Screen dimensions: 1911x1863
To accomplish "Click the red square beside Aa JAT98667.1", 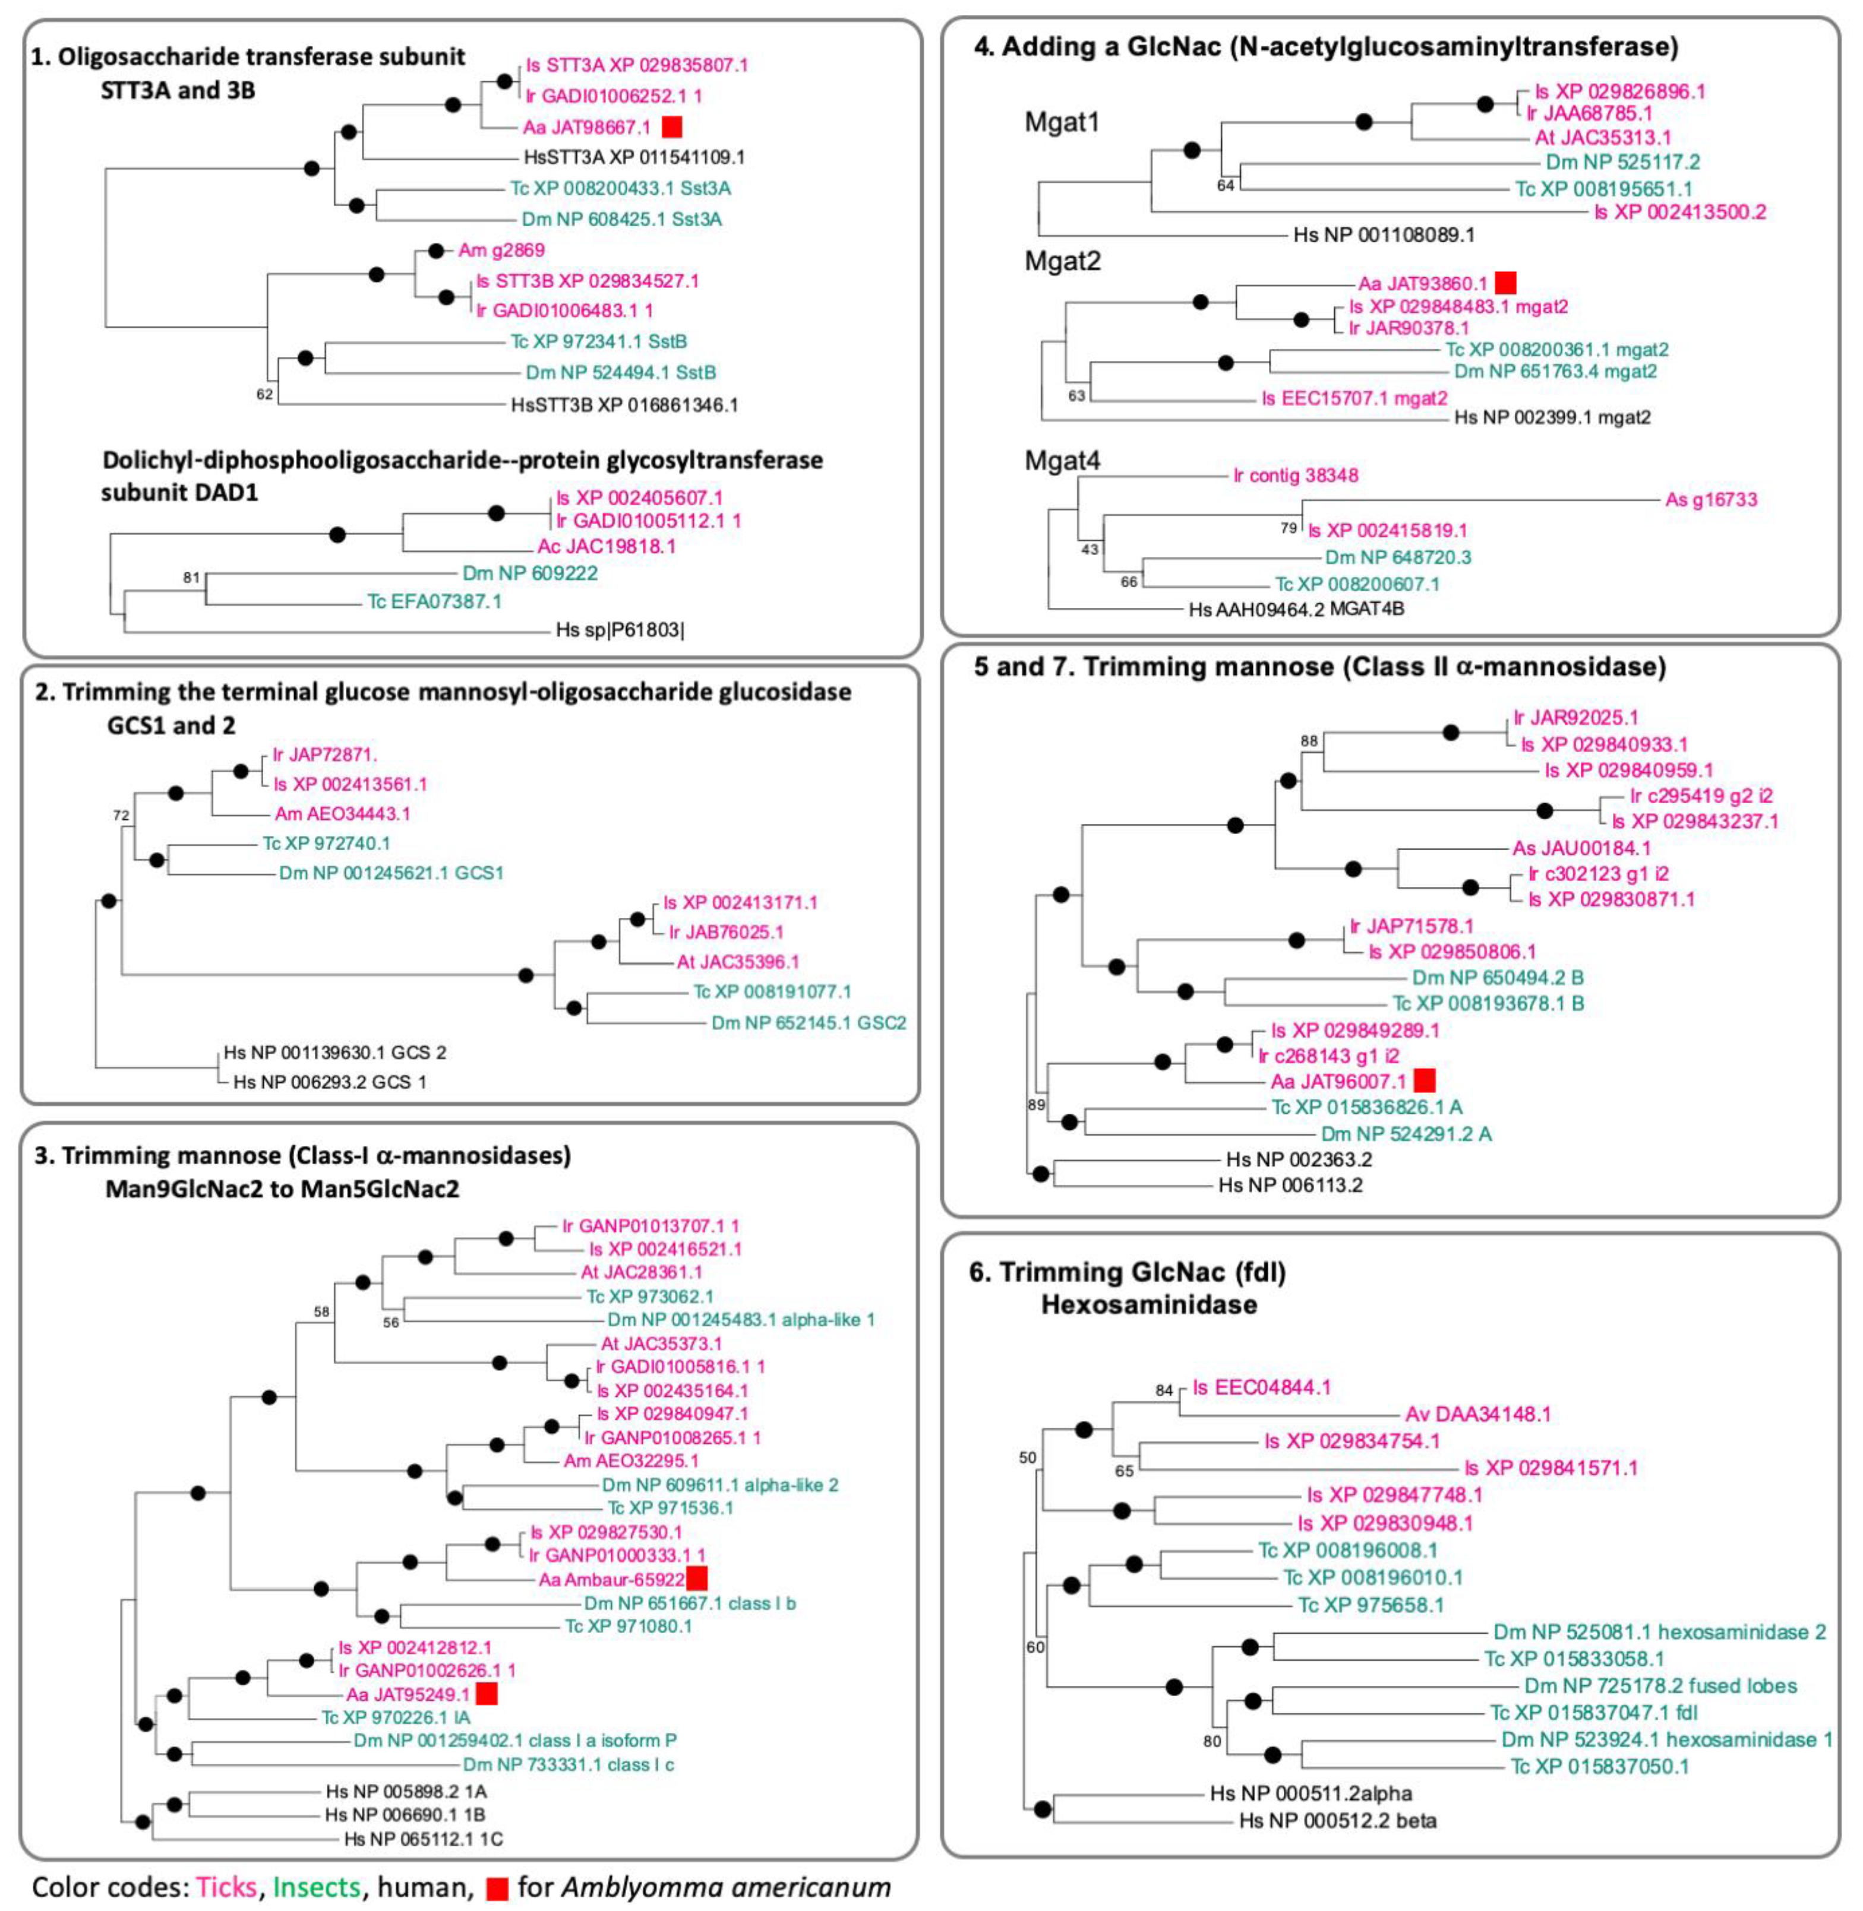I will [672, 127].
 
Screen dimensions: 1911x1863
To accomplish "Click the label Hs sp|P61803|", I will [620, 630].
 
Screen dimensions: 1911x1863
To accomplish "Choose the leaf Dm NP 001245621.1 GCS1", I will [391, 872].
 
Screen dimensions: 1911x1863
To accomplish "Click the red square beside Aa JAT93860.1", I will [1506, 284].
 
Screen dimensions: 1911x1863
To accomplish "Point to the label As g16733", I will [1712, 500].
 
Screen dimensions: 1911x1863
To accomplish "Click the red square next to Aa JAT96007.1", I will [1425, 1080].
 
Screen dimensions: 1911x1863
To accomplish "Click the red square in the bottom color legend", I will [498, 1887].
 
